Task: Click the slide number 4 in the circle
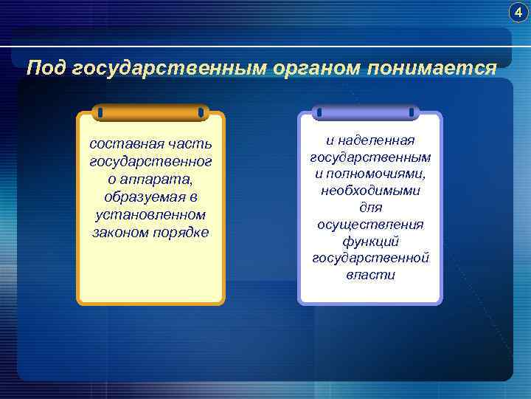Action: tap(519, 13)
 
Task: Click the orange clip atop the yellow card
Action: tap(150, 112)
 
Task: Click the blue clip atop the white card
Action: tap(367, 112)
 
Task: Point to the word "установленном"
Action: tap(150, 214)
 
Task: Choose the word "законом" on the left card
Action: tap(120, 233)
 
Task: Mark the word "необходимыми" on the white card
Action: tap(370, 191)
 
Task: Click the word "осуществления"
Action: tap(370, 225)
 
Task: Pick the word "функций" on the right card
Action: tap(370, 242)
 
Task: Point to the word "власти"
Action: tap(370, 275)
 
